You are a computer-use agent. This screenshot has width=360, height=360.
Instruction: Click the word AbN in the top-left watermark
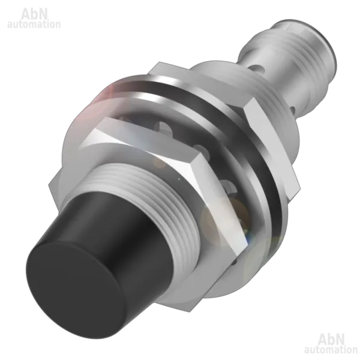click(34, 14)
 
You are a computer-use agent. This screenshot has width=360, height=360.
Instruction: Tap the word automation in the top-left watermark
click(34, 25)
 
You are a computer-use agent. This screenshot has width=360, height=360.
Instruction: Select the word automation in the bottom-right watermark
click(331, 350)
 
